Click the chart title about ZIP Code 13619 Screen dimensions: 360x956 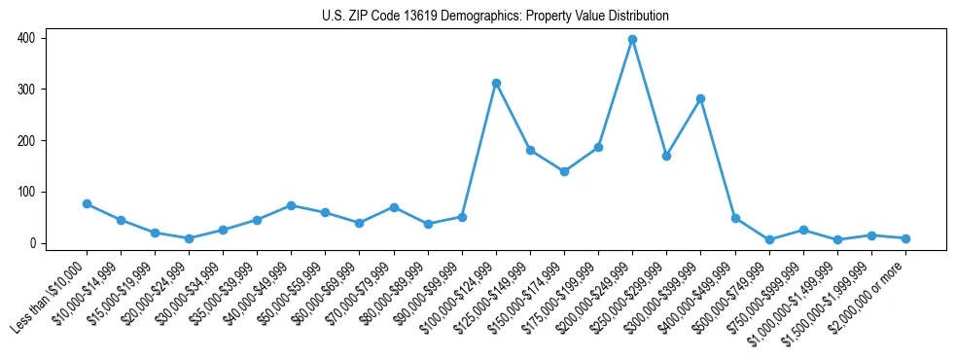[495, 16]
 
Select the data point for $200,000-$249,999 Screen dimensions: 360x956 [632, 40]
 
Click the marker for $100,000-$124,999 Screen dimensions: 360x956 [496, 84]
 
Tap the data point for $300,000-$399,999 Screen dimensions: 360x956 [700, 99]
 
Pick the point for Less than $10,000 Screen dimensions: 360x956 [87, 204]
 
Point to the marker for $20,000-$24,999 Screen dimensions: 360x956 [189, 238]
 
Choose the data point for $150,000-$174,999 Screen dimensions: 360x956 [564, 171]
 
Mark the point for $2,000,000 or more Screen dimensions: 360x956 [905, 238]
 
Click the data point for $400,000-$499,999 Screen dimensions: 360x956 [735, 218]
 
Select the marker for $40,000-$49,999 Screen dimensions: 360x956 [291, 206]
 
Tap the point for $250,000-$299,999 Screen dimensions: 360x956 [666, 156]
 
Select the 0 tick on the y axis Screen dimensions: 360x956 [34, 243]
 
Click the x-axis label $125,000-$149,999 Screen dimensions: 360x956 [496, 296]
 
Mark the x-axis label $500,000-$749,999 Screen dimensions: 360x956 [735, 296]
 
